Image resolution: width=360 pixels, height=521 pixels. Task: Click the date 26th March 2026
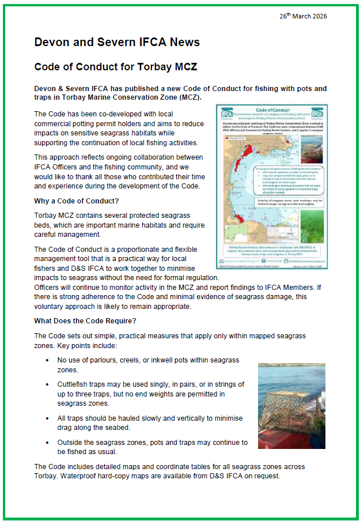tap(303, 16)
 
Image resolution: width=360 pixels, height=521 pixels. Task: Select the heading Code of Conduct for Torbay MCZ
tap(116, 67)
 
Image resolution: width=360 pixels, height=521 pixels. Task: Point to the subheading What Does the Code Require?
tap(85, 321)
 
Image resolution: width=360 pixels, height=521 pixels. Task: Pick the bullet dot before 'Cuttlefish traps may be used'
tap(47, 384)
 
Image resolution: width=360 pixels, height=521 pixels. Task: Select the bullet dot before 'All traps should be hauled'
tap(47, 418)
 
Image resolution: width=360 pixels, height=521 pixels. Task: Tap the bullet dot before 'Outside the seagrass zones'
tap(47, 443)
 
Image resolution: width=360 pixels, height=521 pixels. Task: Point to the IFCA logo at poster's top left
tap(223, 113)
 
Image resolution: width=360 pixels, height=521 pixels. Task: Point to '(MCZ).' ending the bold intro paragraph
tap(188, 97)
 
